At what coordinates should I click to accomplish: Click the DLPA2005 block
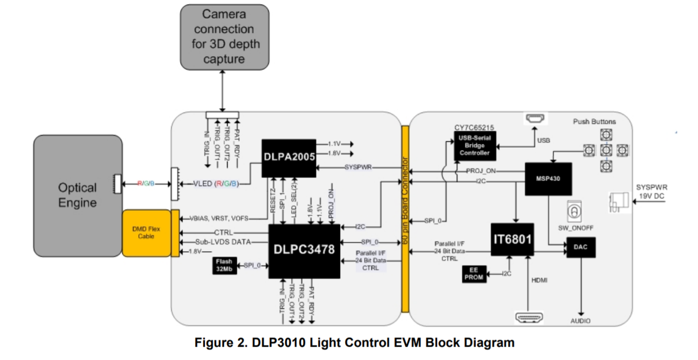point(289,158)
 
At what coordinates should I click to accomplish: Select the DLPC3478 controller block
point(304,250)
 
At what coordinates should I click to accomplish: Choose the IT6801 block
point(512,239)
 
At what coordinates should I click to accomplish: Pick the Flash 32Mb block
point(224,266)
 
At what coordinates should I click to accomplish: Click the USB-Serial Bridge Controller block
point(475,146)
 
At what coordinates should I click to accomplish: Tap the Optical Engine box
point(78,195)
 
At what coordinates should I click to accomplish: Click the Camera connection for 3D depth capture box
point(224,37)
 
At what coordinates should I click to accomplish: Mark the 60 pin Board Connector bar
point(405,218)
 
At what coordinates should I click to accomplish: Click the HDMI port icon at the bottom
point(530,317)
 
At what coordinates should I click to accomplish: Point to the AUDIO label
point(581,321)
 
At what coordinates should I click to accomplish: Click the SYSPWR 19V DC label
point(651,192)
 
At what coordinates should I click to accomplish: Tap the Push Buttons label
point(594,122)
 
